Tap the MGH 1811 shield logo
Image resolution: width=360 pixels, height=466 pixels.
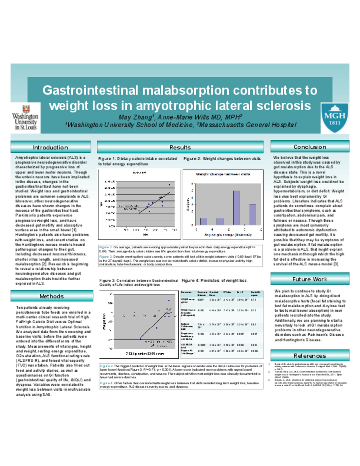click(334, 118)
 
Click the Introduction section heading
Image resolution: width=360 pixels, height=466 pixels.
click(51, 147)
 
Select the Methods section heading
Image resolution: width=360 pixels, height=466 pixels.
click(51, 296)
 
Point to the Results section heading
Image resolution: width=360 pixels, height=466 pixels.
click(180, 147)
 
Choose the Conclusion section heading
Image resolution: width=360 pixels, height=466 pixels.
click(310, 147)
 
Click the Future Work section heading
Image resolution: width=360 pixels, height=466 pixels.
click(310, 279)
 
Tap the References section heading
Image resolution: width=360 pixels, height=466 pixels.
click(310, 356)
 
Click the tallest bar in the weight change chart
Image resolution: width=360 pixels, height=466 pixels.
click(236, 207)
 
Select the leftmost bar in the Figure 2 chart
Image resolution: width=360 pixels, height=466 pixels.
click(204, 221)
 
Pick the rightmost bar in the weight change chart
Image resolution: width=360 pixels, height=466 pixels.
click(253, 214)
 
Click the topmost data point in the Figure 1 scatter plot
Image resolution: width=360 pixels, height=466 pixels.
click(169, 185)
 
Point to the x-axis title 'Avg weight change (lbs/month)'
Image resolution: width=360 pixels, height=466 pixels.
click(228, 235)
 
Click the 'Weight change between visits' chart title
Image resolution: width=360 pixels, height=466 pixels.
click(223, 174)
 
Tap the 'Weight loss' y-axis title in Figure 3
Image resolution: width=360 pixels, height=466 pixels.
click(104, 322)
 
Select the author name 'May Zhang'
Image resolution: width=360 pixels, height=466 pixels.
click(135, 117)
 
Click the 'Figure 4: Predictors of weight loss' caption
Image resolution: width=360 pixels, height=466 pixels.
click(214, 280)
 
